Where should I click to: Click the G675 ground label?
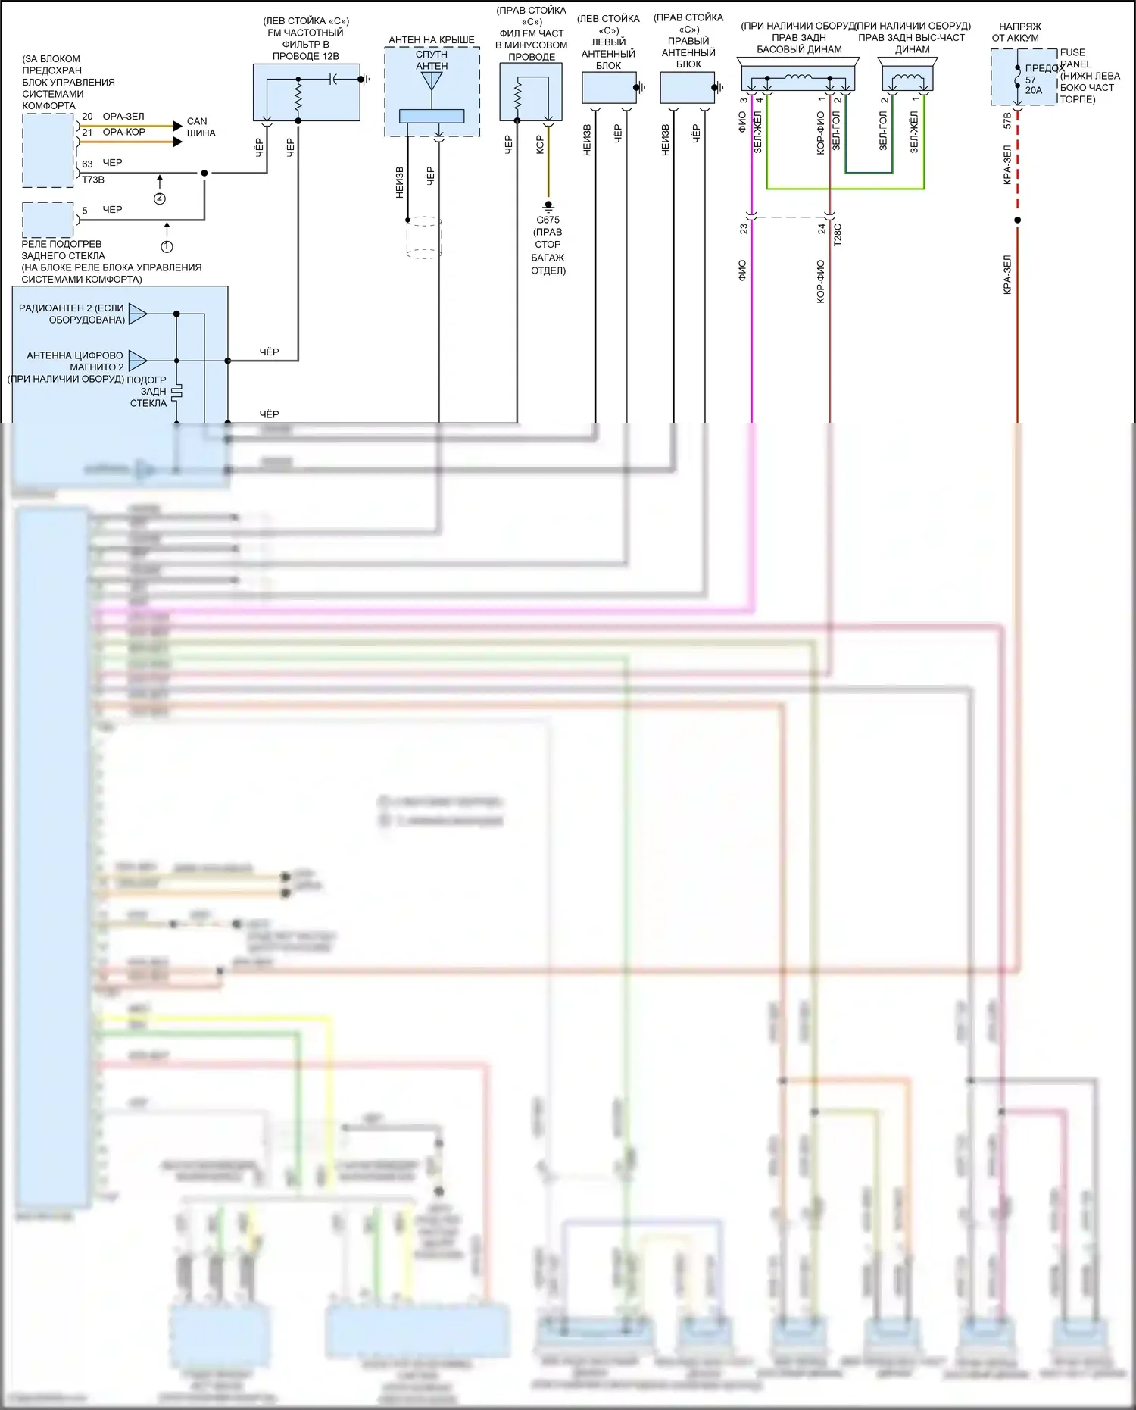(548, 220)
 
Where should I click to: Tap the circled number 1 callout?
(167, 246)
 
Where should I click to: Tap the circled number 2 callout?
(159, 199)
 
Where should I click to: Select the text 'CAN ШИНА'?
(200, 127)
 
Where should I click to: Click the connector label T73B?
(93, 180)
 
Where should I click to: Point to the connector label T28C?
(837, 234)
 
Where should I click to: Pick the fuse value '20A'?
(1034, 91)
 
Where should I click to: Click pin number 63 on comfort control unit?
(87, 164)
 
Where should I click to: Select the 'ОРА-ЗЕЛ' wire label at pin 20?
(123, 117)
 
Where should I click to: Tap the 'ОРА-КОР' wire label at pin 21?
(124, 132)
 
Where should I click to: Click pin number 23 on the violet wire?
(744, 228)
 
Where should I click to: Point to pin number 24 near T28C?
(822, 228)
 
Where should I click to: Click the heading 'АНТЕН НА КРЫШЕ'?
(432, 40)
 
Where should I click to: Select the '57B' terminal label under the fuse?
(1007, 121)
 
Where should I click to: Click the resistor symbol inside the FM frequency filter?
(298, 96)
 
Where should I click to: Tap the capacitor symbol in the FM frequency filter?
(334, 79)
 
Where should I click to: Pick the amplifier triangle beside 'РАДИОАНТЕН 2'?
(137, 314)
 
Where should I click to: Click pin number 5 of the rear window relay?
(85, 211)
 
